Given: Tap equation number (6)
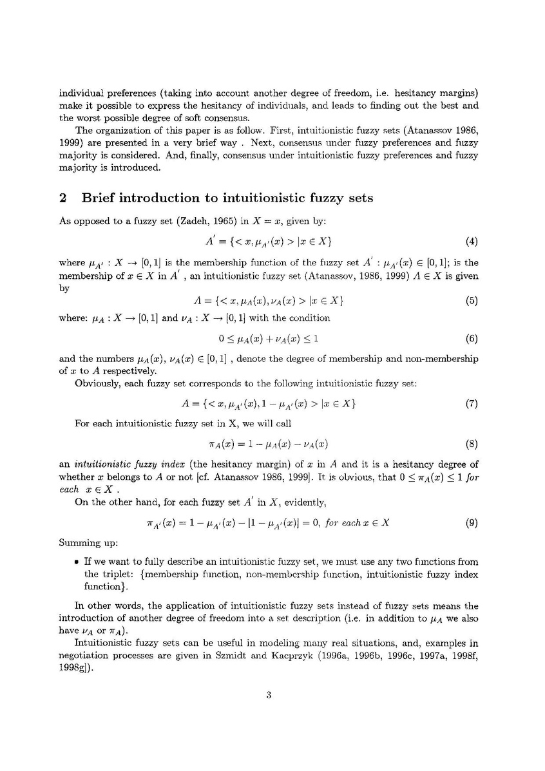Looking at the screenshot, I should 471,338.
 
